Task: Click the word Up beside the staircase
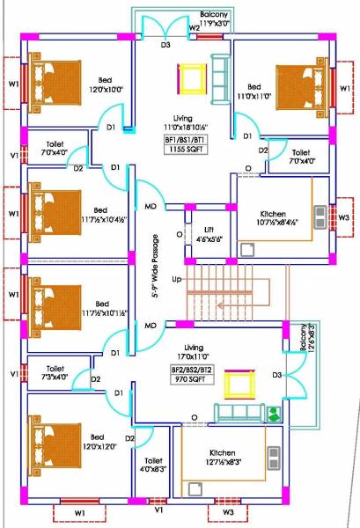point(177,279)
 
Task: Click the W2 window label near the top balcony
point(193,27)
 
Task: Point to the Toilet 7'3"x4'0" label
point(55,374)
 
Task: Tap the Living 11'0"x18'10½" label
point(183,122)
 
